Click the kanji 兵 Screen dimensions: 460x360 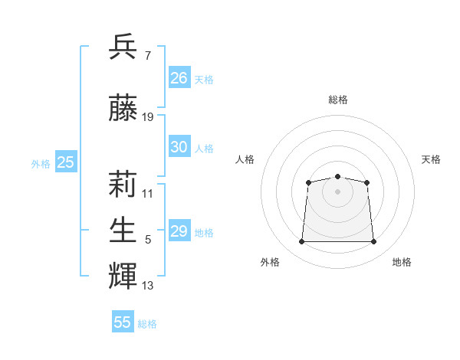click(123, 46)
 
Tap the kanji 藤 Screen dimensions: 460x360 click(123, 107)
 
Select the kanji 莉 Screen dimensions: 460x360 click(123, 184)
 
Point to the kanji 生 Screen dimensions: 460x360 click(123, 230)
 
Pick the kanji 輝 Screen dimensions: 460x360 click(123, 276)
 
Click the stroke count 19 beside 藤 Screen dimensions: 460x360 click(147, 117)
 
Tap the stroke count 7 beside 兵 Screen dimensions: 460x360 click(148, 56)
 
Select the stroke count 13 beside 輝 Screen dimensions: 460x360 click(147, 286)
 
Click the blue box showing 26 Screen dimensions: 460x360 click(179, 77)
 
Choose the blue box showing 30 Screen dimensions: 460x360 click(179, 146)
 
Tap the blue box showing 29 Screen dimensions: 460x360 click(179, 230)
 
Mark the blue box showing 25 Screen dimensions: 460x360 click(66, 162)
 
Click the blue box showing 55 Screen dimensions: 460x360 click(123, 321)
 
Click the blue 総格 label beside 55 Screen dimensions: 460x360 click(147, 324)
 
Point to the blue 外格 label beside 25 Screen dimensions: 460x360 click(41, 164)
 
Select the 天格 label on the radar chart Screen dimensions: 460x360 click(431, 159)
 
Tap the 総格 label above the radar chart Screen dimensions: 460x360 click(338, 100)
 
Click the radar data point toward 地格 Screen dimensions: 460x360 click(373, 241)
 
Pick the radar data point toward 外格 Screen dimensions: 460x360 click(301, 241)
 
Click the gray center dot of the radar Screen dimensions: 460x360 click(337, 191)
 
